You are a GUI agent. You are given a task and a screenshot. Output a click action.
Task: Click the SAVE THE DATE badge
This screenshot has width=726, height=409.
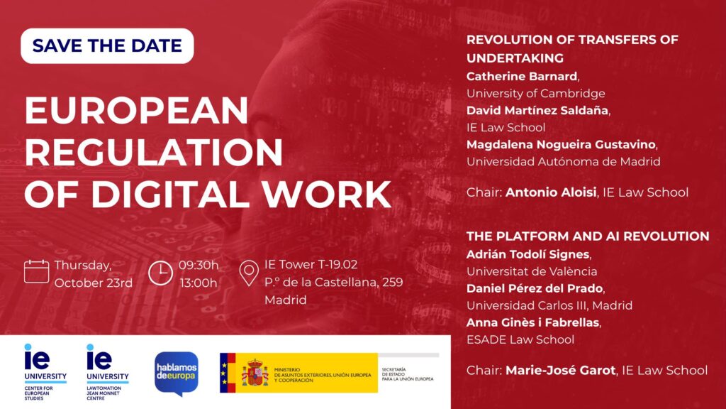tap(107, 45)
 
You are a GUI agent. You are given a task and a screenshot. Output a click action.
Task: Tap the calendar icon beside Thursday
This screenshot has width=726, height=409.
tap(36, 271)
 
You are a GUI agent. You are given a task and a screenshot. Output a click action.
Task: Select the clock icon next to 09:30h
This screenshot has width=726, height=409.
tap(160, 273)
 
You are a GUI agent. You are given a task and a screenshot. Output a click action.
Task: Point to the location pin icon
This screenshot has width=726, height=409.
tap(249, 273)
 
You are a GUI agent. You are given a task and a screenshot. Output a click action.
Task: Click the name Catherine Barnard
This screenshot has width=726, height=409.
tap(522, 76)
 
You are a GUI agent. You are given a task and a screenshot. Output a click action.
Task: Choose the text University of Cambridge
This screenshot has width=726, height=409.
tap(536, 93)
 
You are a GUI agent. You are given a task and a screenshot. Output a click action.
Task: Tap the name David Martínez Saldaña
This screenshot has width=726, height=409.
tap(537, 110)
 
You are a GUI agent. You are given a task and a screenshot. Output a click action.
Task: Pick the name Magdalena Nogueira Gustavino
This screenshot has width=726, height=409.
tap(561, 145)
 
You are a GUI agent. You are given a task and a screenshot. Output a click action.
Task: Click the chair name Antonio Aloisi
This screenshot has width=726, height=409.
tap(550, 192)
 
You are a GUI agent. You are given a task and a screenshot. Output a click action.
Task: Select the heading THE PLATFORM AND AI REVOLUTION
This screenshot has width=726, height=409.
tap(588, 236)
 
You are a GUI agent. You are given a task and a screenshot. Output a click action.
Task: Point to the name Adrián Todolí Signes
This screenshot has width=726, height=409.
tap(527, 254)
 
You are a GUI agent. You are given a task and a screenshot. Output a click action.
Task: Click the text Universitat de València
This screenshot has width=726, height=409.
tap(532, 271)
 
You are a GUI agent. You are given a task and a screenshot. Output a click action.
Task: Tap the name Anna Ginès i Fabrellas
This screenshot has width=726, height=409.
tap(533, 322)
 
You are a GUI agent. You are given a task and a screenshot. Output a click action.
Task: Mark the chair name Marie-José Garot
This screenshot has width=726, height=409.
tap(560, 370)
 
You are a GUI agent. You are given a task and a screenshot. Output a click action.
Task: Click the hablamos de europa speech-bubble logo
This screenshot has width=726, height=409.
tap(177, 373)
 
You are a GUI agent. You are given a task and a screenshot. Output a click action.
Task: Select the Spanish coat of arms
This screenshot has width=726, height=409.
tap(255, 372)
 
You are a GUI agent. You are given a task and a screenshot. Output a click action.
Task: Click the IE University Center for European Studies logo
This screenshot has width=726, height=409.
tap(45, 372)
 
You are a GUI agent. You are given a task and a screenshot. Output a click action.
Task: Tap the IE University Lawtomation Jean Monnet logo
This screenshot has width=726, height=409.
tap(108, 372)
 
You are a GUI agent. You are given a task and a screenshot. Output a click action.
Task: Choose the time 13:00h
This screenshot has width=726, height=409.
tap(199, 283)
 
